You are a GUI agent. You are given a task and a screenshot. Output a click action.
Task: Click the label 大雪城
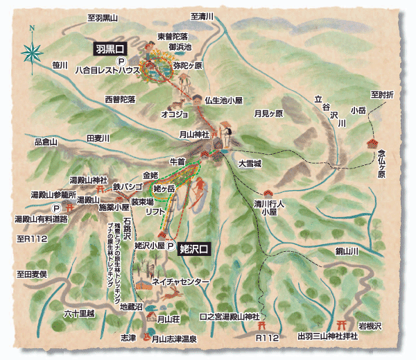pos(249,164)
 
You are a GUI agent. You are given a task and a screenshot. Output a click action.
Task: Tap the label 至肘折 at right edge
pos(381,94)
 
